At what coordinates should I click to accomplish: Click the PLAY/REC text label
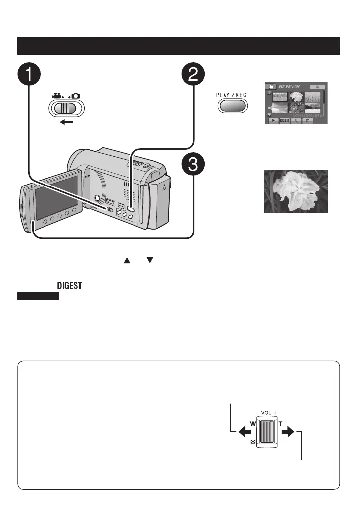[x=231, y=95]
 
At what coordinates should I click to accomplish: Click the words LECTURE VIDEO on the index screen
[x=289, y=86]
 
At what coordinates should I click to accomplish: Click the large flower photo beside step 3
[x=296, y=191]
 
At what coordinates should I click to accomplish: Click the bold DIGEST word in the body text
[x=70, y=286]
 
